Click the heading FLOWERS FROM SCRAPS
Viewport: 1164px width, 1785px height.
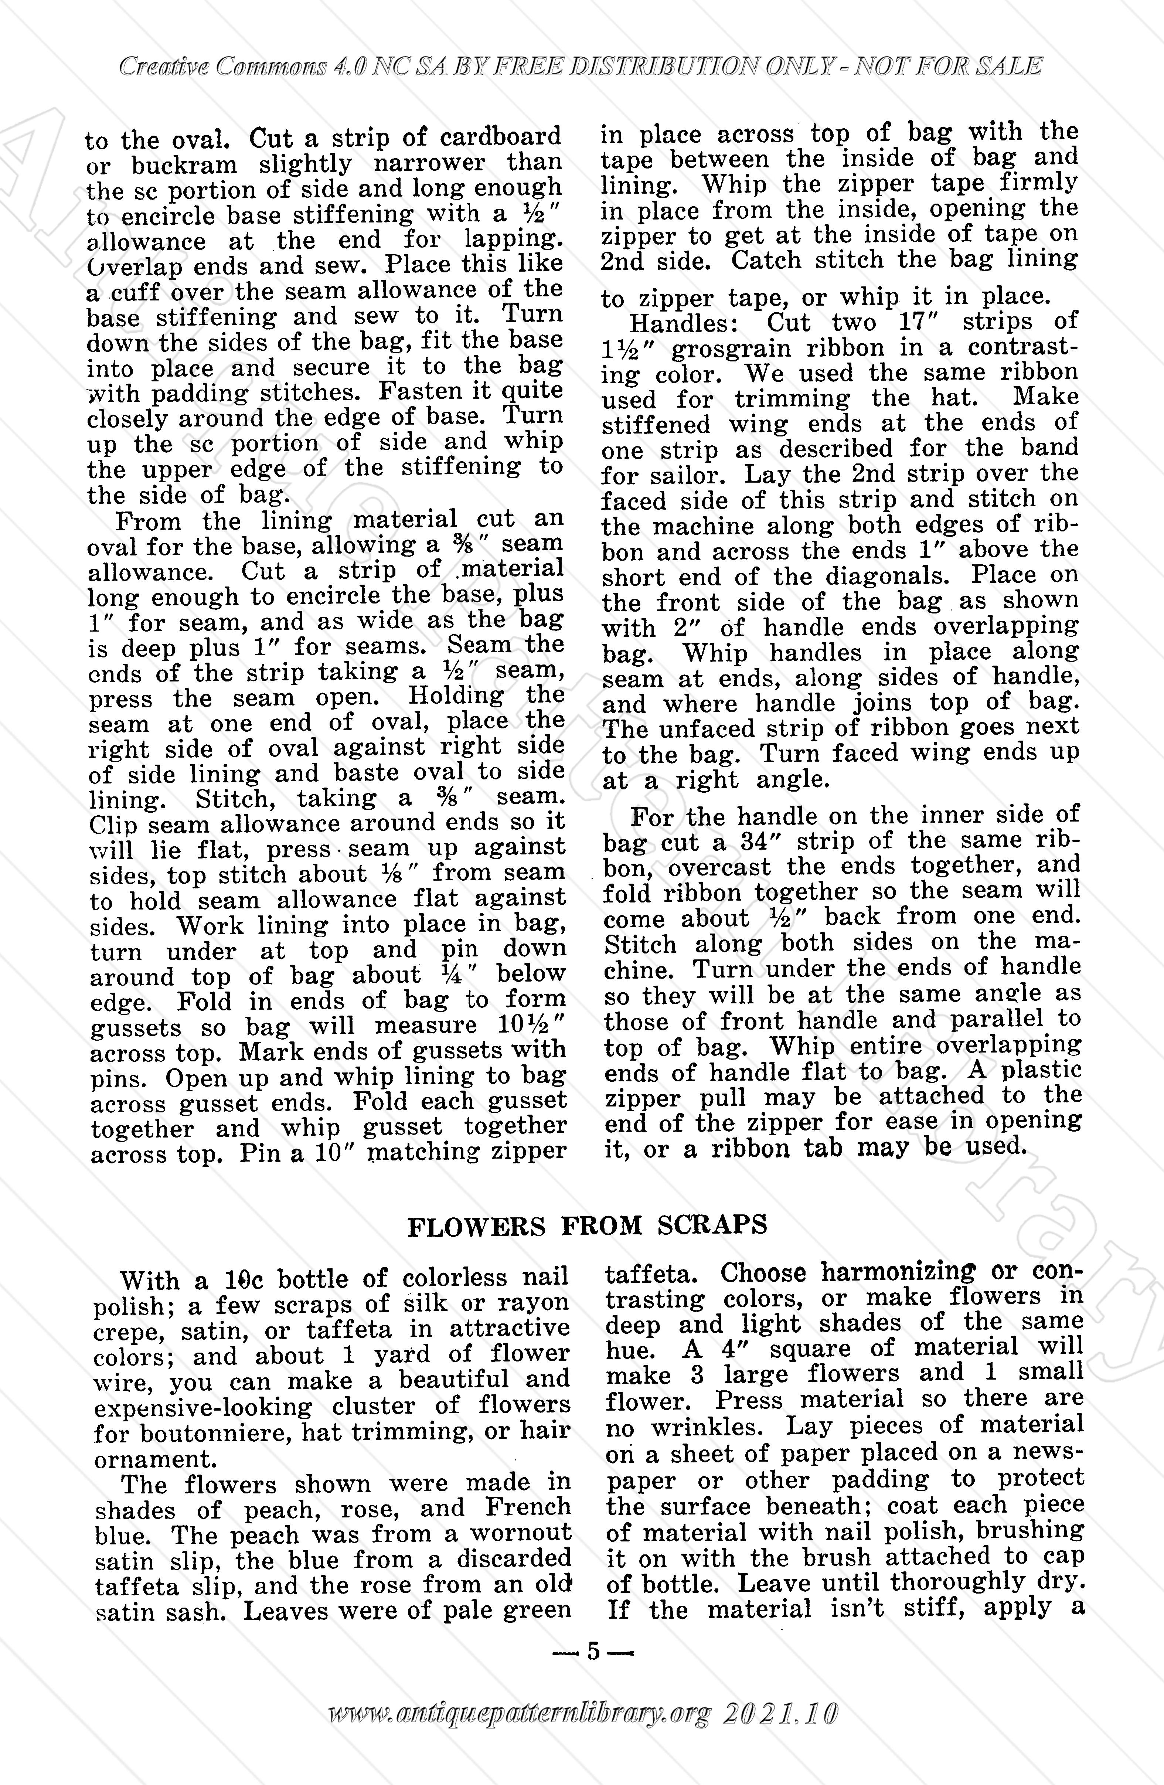point(586,1225)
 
